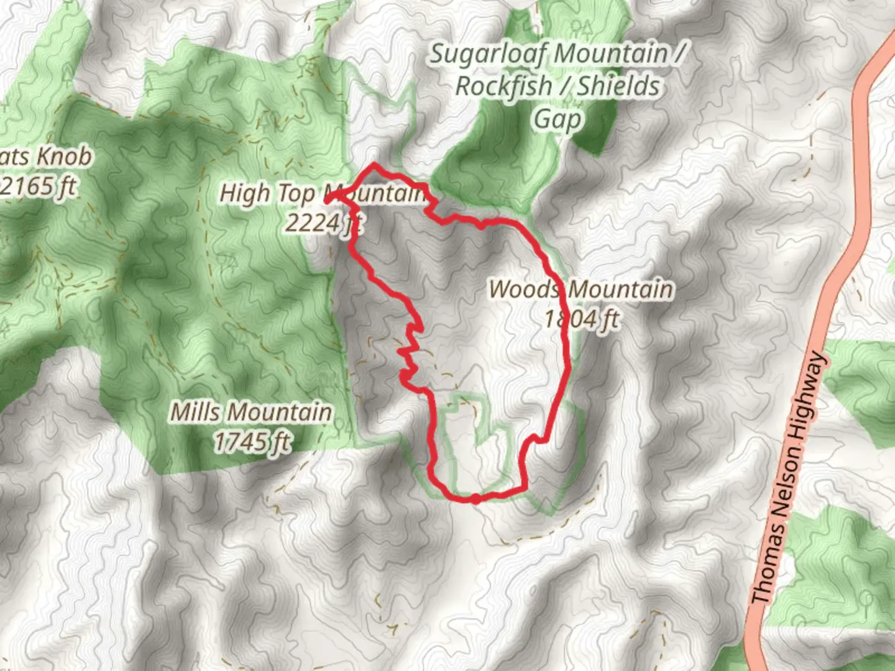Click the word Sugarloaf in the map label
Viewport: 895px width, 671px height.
(487, 54)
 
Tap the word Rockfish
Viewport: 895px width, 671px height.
(503, 86)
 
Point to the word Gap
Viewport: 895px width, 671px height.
(558, 119)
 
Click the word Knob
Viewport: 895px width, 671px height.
(62, 156)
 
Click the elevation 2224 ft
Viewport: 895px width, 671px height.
(323, 222)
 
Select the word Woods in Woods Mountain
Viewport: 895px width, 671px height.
(523, 290)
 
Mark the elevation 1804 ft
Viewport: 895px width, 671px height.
(582, 319)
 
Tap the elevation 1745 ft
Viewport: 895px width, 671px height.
(252, 442)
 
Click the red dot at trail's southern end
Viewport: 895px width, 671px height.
(475, 498)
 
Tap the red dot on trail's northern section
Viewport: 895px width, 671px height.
(482, 225)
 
